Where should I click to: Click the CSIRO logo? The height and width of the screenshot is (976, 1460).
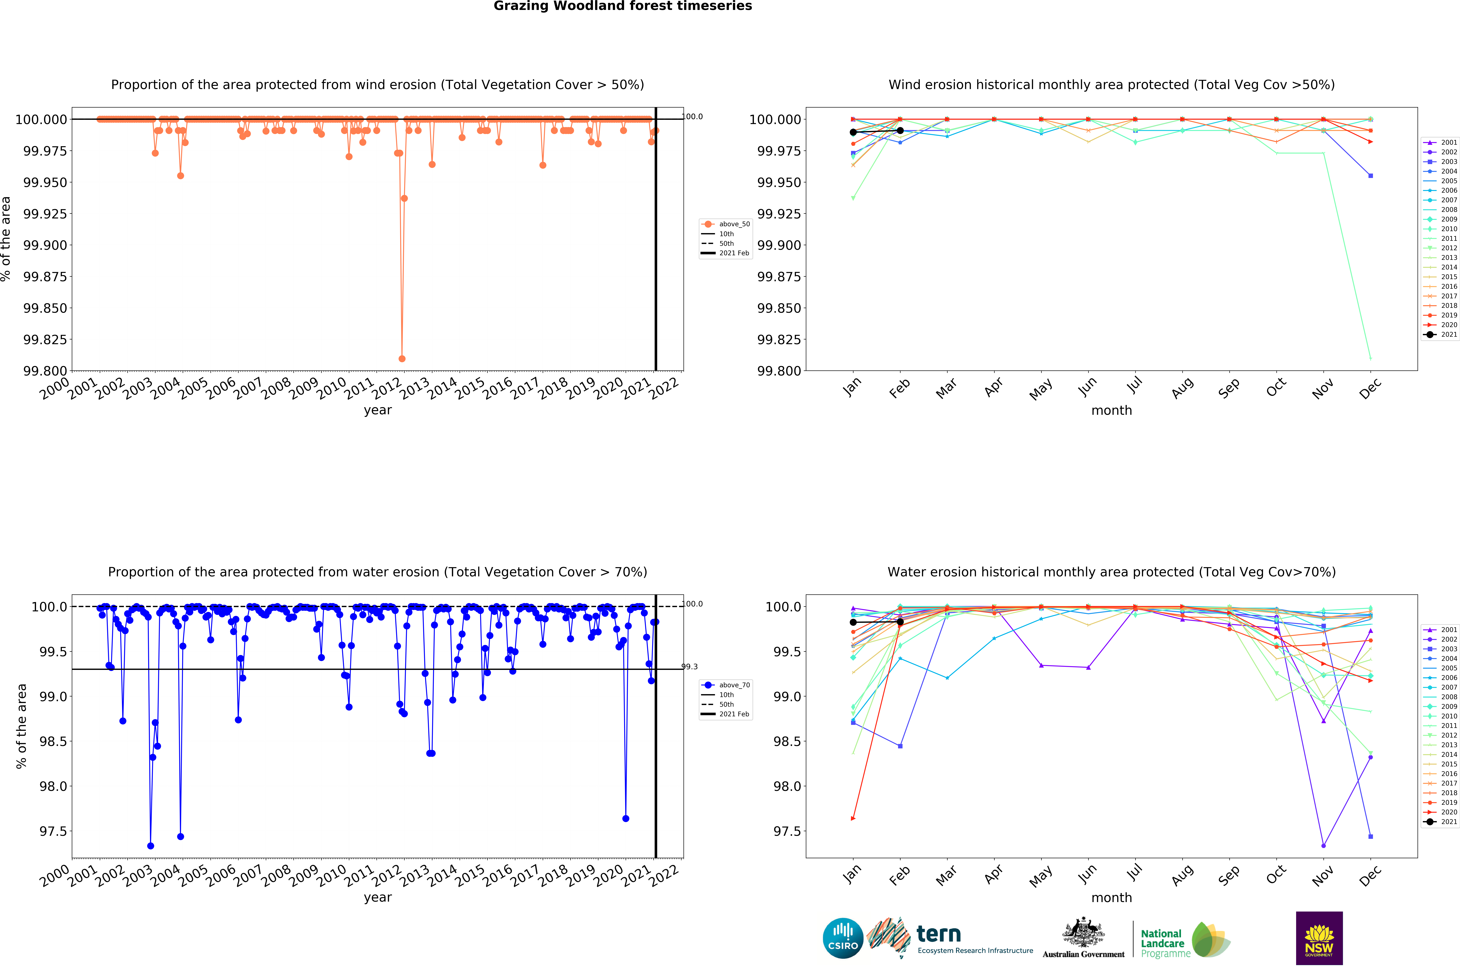[x=843, y=938]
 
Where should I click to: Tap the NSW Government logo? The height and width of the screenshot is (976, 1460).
[x=1319, y=938]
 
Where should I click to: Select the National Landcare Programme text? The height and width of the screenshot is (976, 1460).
[x=1162, y=944]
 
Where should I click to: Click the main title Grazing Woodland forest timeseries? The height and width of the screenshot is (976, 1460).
[x=622, y=6]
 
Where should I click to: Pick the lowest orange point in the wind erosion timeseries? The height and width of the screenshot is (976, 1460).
[x=402, y=359]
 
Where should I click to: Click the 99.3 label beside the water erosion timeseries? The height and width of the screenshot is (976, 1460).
[x=690, y=667]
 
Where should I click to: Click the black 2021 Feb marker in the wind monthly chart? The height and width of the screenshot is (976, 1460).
[x=900, y=131]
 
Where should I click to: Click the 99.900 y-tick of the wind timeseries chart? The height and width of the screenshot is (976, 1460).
[x=45, y=245]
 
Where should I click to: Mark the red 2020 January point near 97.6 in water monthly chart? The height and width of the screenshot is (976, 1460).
[x=853, y=819]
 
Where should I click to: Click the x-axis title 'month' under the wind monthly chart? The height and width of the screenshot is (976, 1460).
[x=1111, y=410]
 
